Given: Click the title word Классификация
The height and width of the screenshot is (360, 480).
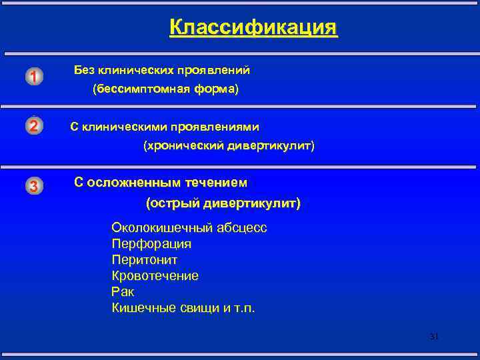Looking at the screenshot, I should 253,27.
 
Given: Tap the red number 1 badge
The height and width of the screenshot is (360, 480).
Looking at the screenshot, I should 34,77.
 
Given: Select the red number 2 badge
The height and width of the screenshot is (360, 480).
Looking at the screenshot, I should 34,125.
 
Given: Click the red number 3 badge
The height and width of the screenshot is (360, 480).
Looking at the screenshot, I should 34,186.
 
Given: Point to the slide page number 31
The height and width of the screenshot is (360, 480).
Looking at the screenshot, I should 433,337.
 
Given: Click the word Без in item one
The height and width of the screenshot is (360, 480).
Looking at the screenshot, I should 85,69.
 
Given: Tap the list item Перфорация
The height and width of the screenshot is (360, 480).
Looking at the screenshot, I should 151,244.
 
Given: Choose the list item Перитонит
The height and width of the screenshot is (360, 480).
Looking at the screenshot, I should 144,260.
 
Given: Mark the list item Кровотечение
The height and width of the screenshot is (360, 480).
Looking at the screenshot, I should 155,276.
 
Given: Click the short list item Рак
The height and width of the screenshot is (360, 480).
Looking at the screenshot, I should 123,292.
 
